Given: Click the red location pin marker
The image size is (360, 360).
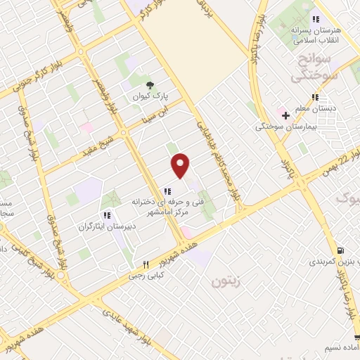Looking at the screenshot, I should (x=181, y=166).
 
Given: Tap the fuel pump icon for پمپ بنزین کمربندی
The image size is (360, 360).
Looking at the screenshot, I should (x=341, y=250).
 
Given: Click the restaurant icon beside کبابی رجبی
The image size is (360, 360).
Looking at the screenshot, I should (x=146, y=264).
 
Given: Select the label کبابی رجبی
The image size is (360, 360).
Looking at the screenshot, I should (x=146, y=276).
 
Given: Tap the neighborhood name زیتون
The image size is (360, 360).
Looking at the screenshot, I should (x=225, y=282).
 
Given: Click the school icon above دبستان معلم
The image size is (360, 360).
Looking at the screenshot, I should (x=316, y=96).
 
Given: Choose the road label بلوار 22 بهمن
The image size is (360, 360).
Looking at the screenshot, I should (x=334, y=160).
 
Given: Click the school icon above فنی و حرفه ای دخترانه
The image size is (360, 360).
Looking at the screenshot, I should (x=167, y=191).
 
